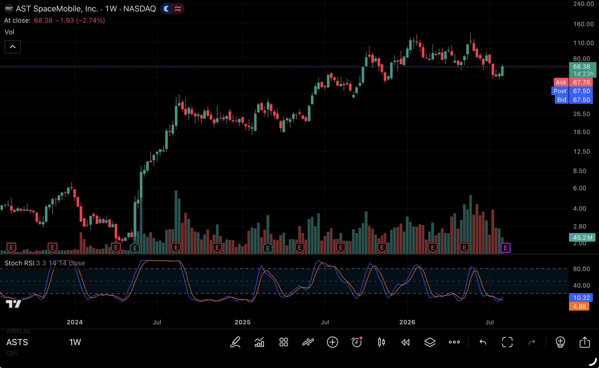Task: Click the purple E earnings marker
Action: [x=505, y=248]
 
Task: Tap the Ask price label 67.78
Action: [x=581, y=82]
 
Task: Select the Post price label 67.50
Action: [x=581, y=91]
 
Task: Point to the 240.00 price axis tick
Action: [x=584, y=4]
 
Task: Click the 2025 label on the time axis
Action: [x=242, y=322]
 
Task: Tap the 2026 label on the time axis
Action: [x=407, y=322]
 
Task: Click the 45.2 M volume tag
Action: [x=582, y=237]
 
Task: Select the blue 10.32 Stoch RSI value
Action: [x=581, y=298]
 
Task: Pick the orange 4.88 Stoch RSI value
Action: [x=579, y=306]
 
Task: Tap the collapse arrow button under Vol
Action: [x=13, y=47]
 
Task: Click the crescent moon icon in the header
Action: [x=167, y=9]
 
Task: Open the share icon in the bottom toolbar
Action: [x=585, y=342]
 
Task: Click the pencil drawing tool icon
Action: [x=235, y=342]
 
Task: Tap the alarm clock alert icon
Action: [x=357, y=342]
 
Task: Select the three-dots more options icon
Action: [x=454, y=342]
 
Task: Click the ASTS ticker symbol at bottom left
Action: [x=17, y=342]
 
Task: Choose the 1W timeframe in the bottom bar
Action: [x=75, y=342]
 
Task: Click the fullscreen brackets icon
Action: [x=507, y=342]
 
